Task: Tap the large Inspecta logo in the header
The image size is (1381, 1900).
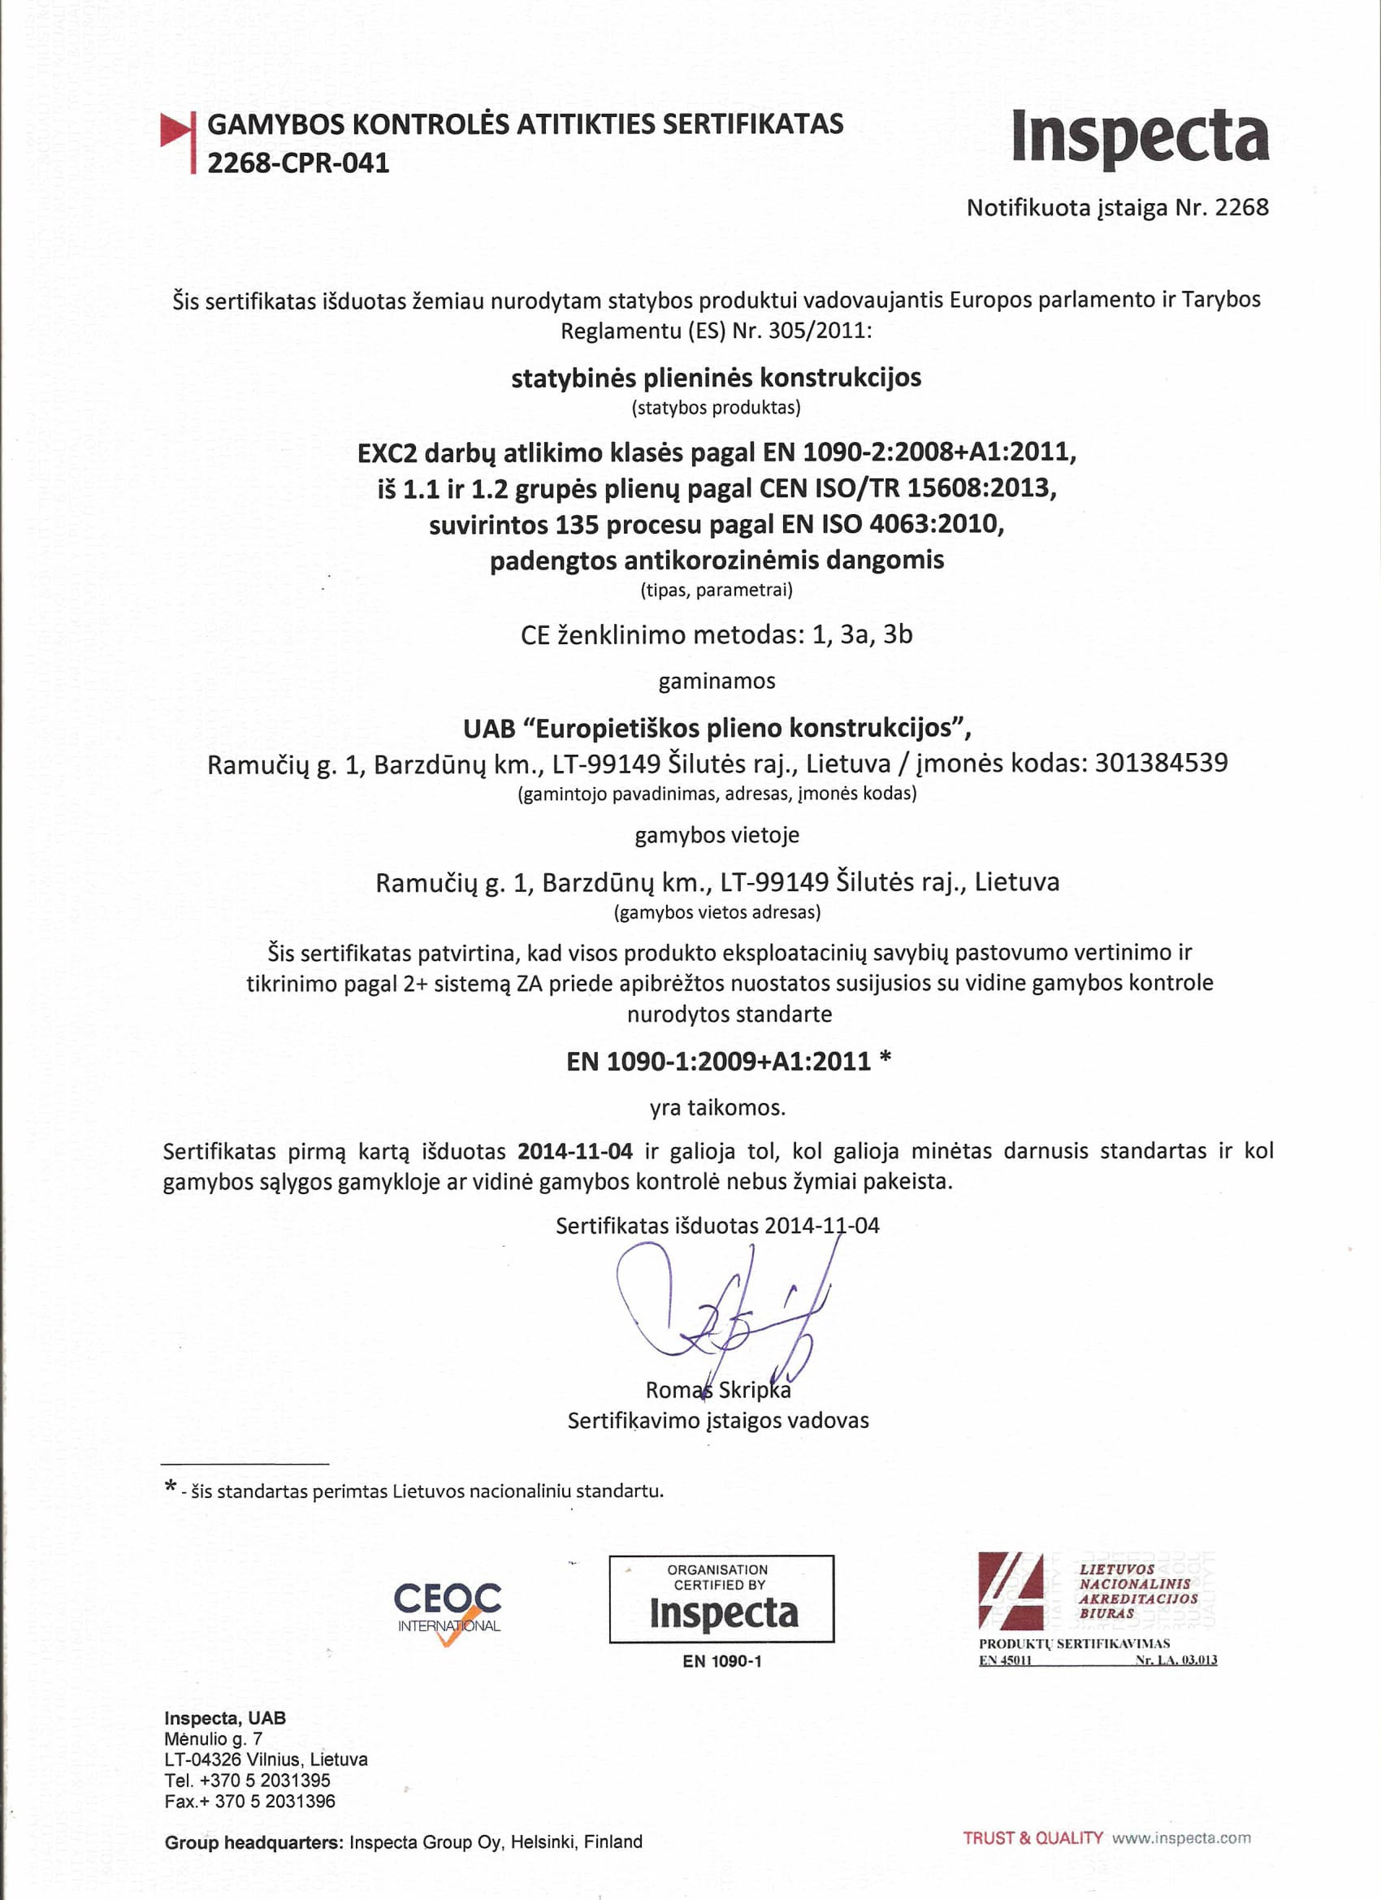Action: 1140,136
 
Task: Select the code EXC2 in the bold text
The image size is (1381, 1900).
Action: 387,453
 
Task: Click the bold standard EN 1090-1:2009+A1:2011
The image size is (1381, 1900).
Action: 718,1062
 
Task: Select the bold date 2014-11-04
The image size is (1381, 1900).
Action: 575,1150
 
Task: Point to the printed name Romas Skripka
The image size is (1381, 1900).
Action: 717,1390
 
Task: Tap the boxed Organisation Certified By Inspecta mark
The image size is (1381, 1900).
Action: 721,1599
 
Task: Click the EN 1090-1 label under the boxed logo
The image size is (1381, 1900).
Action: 721,1661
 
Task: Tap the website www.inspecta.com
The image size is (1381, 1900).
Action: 1180,1838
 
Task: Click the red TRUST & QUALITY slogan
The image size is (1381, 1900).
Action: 1033,1838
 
